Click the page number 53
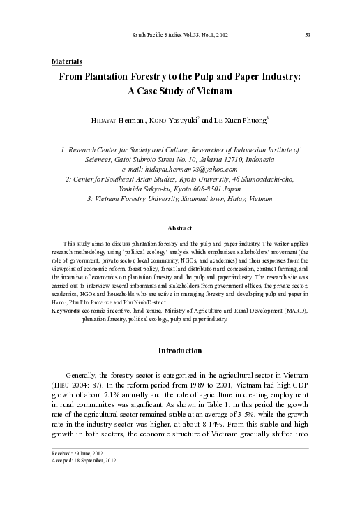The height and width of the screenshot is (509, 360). pyautogui.click(x=308, y=34)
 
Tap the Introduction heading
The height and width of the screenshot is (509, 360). pyautogui.click(x=180, y=349)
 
